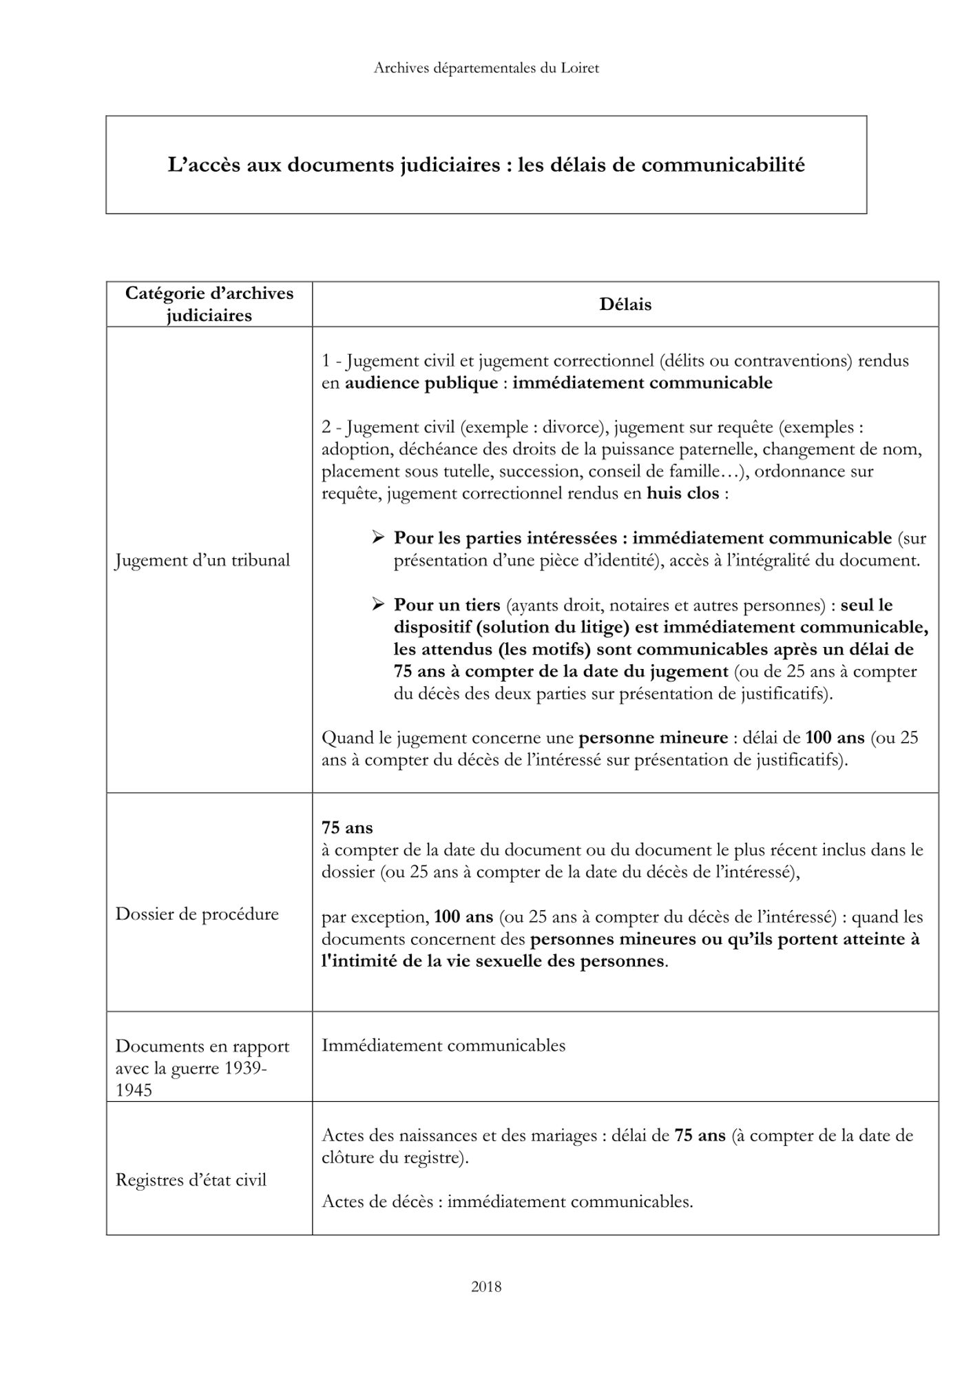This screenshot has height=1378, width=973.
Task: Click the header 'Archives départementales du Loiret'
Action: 486,68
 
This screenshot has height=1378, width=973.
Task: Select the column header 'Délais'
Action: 625,305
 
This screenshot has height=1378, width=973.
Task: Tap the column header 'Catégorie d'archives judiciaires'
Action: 209,305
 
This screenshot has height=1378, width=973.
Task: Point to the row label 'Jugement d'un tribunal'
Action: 202,560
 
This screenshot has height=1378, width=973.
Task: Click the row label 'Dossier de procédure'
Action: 197,914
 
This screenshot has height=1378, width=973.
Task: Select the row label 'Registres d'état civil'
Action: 191,1180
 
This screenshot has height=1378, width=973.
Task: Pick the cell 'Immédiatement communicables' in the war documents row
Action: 443,1045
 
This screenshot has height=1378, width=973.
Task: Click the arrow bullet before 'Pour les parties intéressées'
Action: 378,537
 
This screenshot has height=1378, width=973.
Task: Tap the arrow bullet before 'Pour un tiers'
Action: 378,604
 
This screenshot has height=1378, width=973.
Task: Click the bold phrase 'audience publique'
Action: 421,383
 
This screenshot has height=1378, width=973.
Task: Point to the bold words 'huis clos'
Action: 682,493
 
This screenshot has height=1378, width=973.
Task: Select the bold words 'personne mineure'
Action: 653,738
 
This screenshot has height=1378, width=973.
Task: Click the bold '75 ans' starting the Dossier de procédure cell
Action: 347,827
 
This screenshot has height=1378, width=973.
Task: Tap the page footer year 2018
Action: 486,1286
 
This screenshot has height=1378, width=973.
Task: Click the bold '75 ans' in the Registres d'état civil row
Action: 700,1135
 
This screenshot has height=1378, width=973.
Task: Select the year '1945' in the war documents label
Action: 134,1091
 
